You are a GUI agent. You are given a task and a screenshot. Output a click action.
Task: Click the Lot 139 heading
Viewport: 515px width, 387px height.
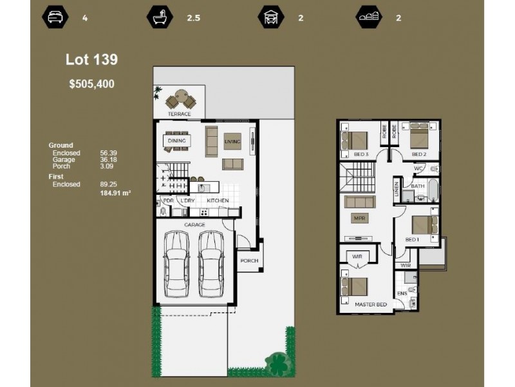[x=91, y=60]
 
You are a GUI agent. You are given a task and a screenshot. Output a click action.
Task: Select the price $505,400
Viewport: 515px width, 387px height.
[x=91, y=83]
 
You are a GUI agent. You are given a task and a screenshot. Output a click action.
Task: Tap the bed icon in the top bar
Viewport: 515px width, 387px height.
[x=53, y=17]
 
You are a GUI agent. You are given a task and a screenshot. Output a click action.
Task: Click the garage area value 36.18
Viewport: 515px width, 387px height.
[x=108, y=159]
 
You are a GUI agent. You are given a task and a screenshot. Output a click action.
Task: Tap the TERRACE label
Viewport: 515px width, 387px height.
[x=180, y=114]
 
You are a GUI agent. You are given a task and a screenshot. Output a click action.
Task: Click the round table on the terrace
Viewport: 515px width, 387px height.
[x=179, y=100]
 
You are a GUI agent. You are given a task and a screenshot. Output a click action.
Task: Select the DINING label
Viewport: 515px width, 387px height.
[x=176, y=141]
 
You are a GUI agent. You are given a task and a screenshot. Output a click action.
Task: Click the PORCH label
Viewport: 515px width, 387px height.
[x=248, y=261]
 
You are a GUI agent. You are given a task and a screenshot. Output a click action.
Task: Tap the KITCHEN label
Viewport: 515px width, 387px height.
[x=218, y=201]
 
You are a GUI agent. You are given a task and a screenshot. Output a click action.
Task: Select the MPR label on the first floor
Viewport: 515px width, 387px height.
[x=359, y=219]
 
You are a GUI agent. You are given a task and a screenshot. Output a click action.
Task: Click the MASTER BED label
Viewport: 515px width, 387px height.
[x=371, y=303]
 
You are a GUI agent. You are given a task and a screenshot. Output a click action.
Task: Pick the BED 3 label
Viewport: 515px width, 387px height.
[x=360, y=155]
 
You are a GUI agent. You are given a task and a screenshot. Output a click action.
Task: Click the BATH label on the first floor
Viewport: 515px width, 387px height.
[x=418, y=186]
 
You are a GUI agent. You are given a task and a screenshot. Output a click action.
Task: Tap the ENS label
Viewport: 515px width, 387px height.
[x=402, y=294]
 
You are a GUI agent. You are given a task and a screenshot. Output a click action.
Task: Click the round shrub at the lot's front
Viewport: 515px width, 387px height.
[x=277, y=363]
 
